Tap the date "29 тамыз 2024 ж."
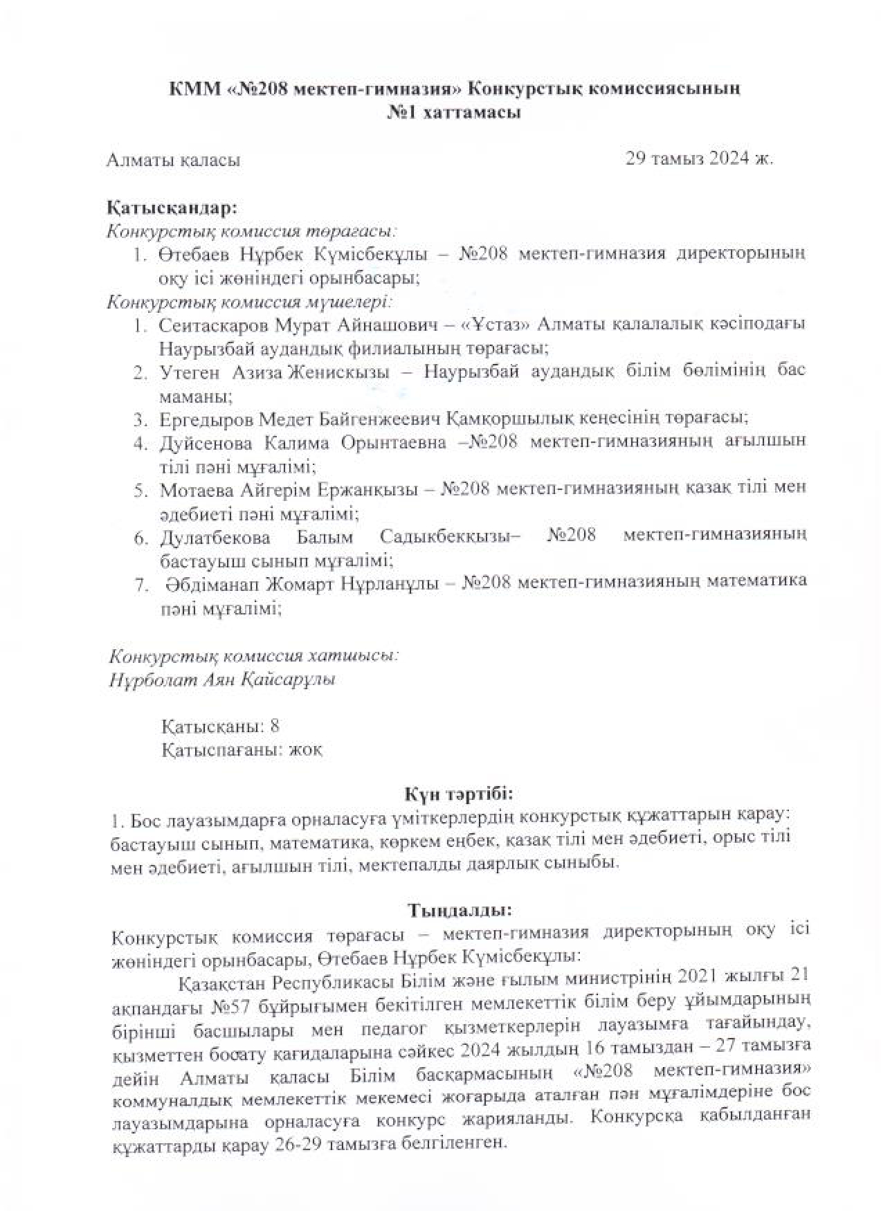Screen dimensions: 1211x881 pos(699,158)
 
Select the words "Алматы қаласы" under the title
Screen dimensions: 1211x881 pos(173,161)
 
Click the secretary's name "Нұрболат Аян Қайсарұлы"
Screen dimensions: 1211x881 pos(221,680)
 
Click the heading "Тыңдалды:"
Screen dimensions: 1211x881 pos(460,908)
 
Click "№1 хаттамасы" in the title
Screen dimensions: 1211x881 pos(453,113)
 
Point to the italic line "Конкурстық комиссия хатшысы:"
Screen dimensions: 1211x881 pos(253,655)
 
